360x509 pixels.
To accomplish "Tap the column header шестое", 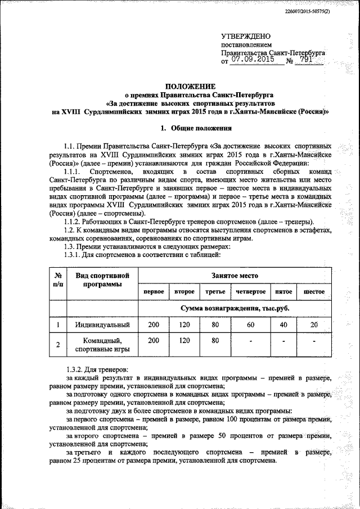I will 314,292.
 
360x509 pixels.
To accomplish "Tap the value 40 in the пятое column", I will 283,325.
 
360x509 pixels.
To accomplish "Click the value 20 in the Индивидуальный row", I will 314,325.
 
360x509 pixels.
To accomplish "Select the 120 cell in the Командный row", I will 184,340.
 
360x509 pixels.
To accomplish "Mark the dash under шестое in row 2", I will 314,341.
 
